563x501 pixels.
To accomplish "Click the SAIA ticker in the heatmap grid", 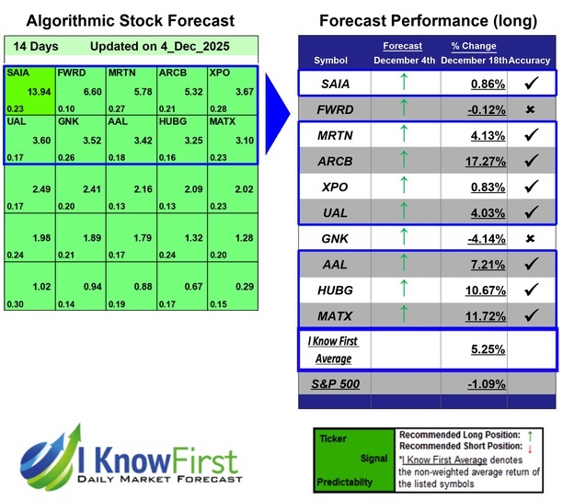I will (x=17, y=73).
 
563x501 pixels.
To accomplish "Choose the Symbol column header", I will (x=331, y=61).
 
